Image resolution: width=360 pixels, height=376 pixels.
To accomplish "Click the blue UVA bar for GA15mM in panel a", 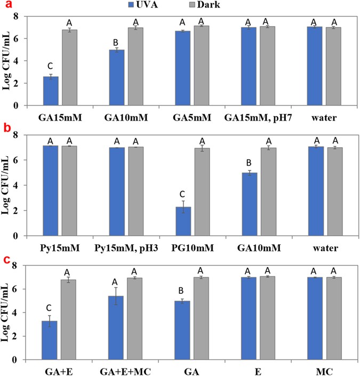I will coord(50,91).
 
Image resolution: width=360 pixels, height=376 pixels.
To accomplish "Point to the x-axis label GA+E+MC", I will coord(126,370).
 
